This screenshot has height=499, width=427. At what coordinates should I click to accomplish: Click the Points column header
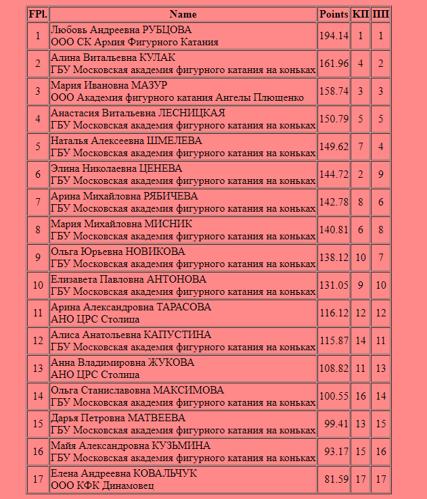coord(334,14)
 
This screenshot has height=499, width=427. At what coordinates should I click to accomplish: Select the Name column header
coord(183,14)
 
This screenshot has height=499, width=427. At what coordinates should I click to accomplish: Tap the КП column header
coord(361,14)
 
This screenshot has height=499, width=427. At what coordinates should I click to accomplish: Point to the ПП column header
coord(381,14)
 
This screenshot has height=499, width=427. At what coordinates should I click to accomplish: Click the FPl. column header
coord(37,14)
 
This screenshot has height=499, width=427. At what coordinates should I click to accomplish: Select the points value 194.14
coord(334,36)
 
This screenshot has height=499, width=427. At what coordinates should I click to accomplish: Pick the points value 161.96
coord(334,64)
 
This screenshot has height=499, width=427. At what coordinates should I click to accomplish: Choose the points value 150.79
coord(334,119)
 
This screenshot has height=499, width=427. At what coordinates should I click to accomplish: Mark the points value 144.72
coord(334,174)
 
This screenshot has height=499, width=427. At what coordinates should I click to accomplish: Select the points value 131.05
coord(334,285)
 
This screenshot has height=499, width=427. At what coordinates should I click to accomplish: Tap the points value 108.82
coord(334,369)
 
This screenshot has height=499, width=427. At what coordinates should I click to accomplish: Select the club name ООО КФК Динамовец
coord(102,485)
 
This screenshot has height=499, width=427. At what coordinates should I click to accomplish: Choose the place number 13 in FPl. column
coord(37,369)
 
